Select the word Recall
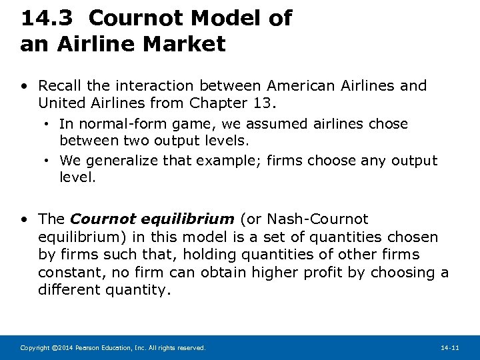coord(60,86)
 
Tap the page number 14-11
coord(450,348)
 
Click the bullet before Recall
coord(24,87)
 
